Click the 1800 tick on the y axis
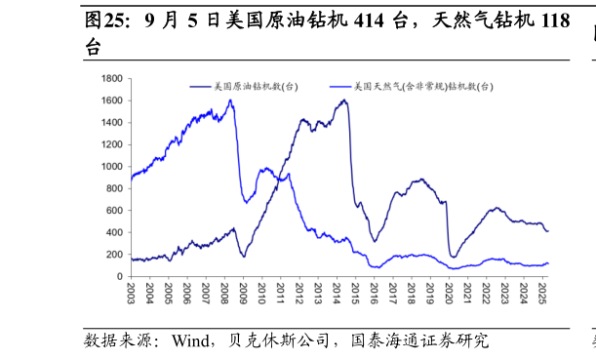(x=112, y=78)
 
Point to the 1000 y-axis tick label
(x=112, y=167)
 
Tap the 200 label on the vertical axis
(x=115, y=255)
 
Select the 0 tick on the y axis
(x=119, y=277)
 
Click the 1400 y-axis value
(x=112, y=123)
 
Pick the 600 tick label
(x=115, y=211)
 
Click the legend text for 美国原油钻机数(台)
(x=257, y=87)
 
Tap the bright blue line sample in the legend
(x=341, y=87)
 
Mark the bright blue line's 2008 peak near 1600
(x=230, y=100)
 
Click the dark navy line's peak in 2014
(x=344, y=100)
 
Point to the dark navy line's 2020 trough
(x=453, y=257)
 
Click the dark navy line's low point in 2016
(x=374, y=242)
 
